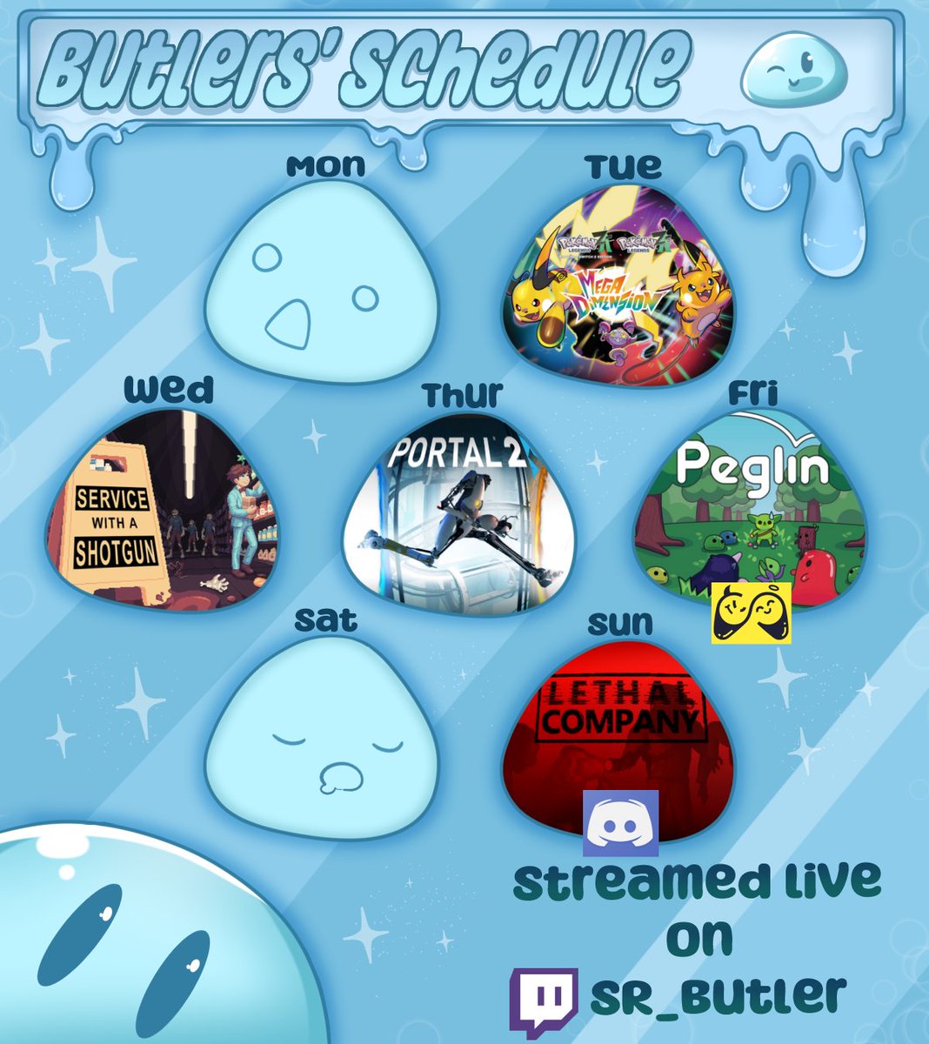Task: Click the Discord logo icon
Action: (620, 823)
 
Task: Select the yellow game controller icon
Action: (752, 613)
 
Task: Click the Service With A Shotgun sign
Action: (112, 526)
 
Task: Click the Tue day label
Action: (623, 166)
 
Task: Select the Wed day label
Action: (168, 391)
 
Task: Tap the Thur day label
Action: (462, 395)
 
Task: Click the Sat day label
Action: (325, 620)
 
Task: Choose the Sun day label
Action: (619, 623)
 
